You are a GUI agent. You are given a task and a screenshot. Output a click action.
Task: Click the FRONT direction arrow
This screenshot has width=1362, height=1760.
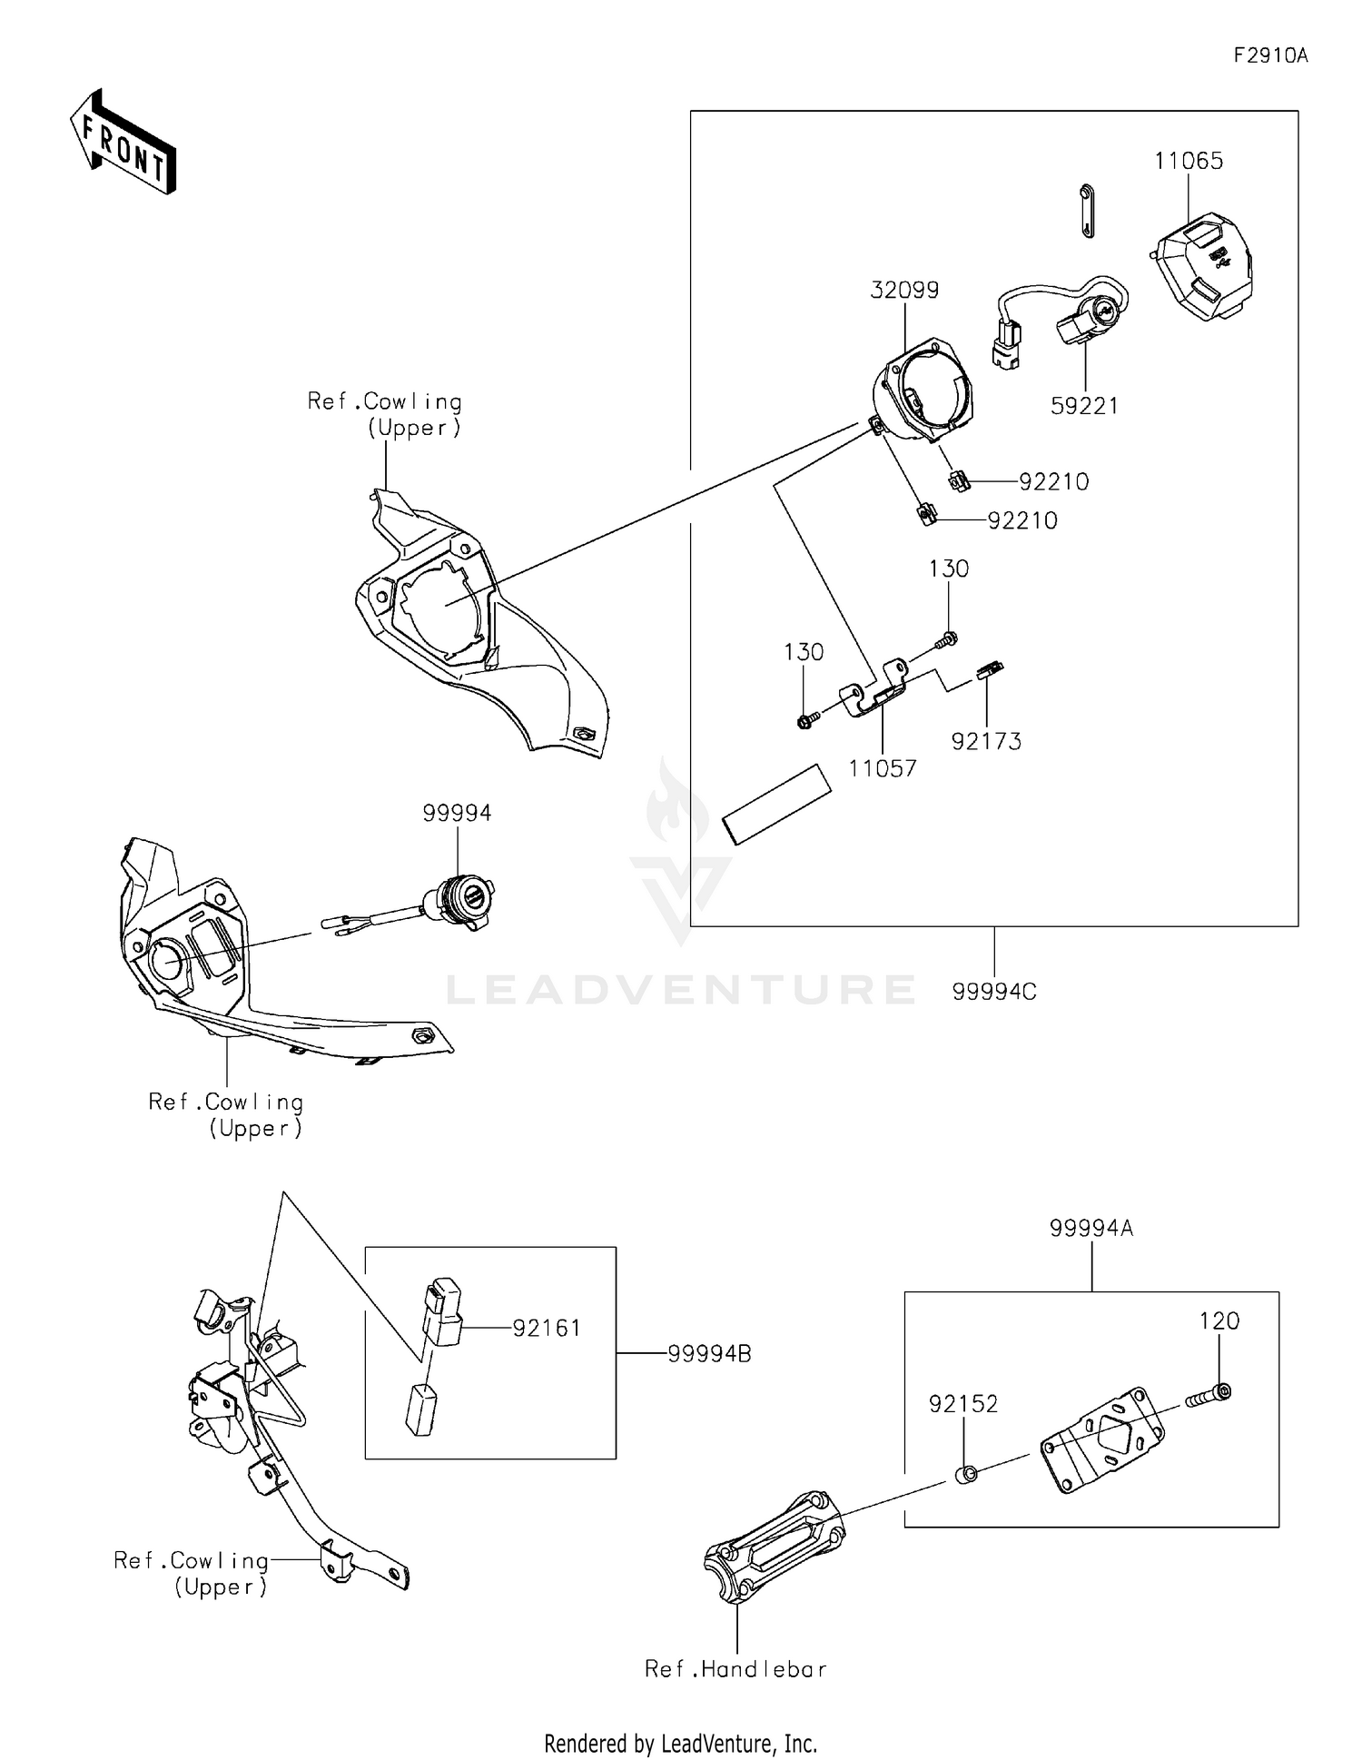(x=123, y=143)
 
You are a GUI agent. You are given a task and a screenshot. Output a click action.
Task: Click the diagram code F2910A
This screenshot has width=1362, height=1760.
(x=1270, y=55)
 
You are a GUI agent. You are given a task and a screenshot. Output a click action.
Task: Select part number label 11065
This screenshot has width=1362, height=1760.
(x=1189, y=161)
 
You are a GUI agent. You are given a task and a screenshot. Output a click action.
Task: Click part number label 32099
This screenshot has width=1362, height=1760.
(x=904, y=290)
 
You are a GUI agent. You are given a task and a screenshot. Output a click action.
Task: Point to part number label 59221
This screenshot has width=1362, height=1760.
(x=1084, y=406)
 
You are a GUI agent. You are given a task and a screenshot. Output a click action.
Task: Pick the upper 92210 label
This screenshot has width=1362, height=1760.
(x=1053, y=481)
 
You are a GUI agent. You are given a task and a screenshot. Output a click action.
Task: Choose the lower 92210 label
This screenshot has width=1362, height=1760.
(x=1022, y=520)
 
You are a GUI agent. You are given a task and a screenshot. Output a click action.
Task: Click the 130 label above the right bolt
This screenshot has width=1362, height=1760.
(x=949, y=569)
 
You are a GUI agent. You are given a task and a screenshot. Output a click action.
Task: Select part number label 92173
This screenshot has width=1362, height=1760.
(x=986, y=741)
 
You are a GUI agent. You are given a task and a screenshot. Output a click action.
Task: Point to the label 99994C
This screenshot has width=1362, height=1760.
(x=994, y=992)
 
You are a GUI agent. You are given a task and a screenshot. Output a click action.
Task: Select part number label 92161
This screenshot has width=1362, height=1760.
(x=547, y=1328)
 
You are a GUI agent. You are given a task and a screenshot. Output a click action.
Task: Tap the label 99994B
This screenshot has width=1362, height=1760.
(x=709, y=1354)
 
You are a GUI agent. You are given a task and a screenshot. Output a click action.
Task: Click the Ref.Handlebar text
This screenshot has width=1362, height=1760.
(x=735, y=1668)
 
